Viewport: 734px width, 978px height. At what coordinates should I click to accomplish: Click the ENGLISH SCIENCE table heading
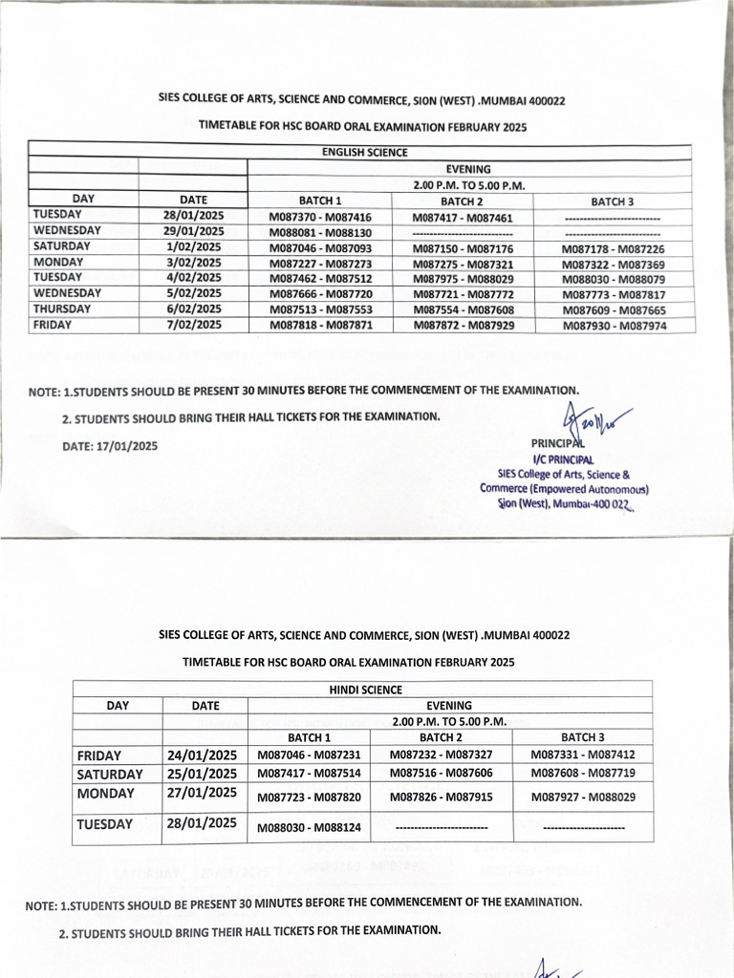coord(364,153)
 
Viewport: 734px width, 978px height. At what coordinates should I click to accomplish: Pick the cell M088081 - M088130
coord(320,232)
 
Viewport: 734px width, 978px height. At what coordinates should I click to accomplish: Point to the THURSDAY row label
coord(62,309)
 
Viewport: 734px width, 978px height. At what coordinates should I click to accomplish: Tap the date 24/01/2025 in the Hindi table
coord(202,755)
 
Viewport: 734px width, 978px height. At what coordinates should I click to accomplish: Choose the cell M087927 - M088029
coord(584,797)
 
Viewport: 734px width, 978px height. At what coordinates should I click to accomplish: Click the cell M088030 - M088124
coord(310,827)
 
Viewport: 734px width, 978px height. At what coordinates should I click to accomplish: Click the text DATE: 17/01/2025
coord(110,445)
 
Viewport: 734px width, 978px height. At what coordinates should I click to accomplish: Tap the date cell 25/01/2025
coord(202,774)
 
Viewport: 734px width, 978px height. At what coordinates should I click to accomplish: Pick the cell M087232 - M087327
coord(442,755)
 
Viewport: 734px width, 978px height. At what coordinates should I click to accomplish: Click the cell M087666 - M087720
coord(320,295)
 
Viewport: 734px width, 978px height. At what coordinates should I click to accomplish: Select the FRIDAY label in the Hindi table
coord(98,755)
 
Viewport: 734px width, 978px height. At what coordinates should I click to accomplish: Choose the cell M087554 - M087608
coord(464,311)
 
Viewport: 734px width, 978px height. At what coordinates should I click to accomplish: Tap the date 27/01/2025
coord(202,793)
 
